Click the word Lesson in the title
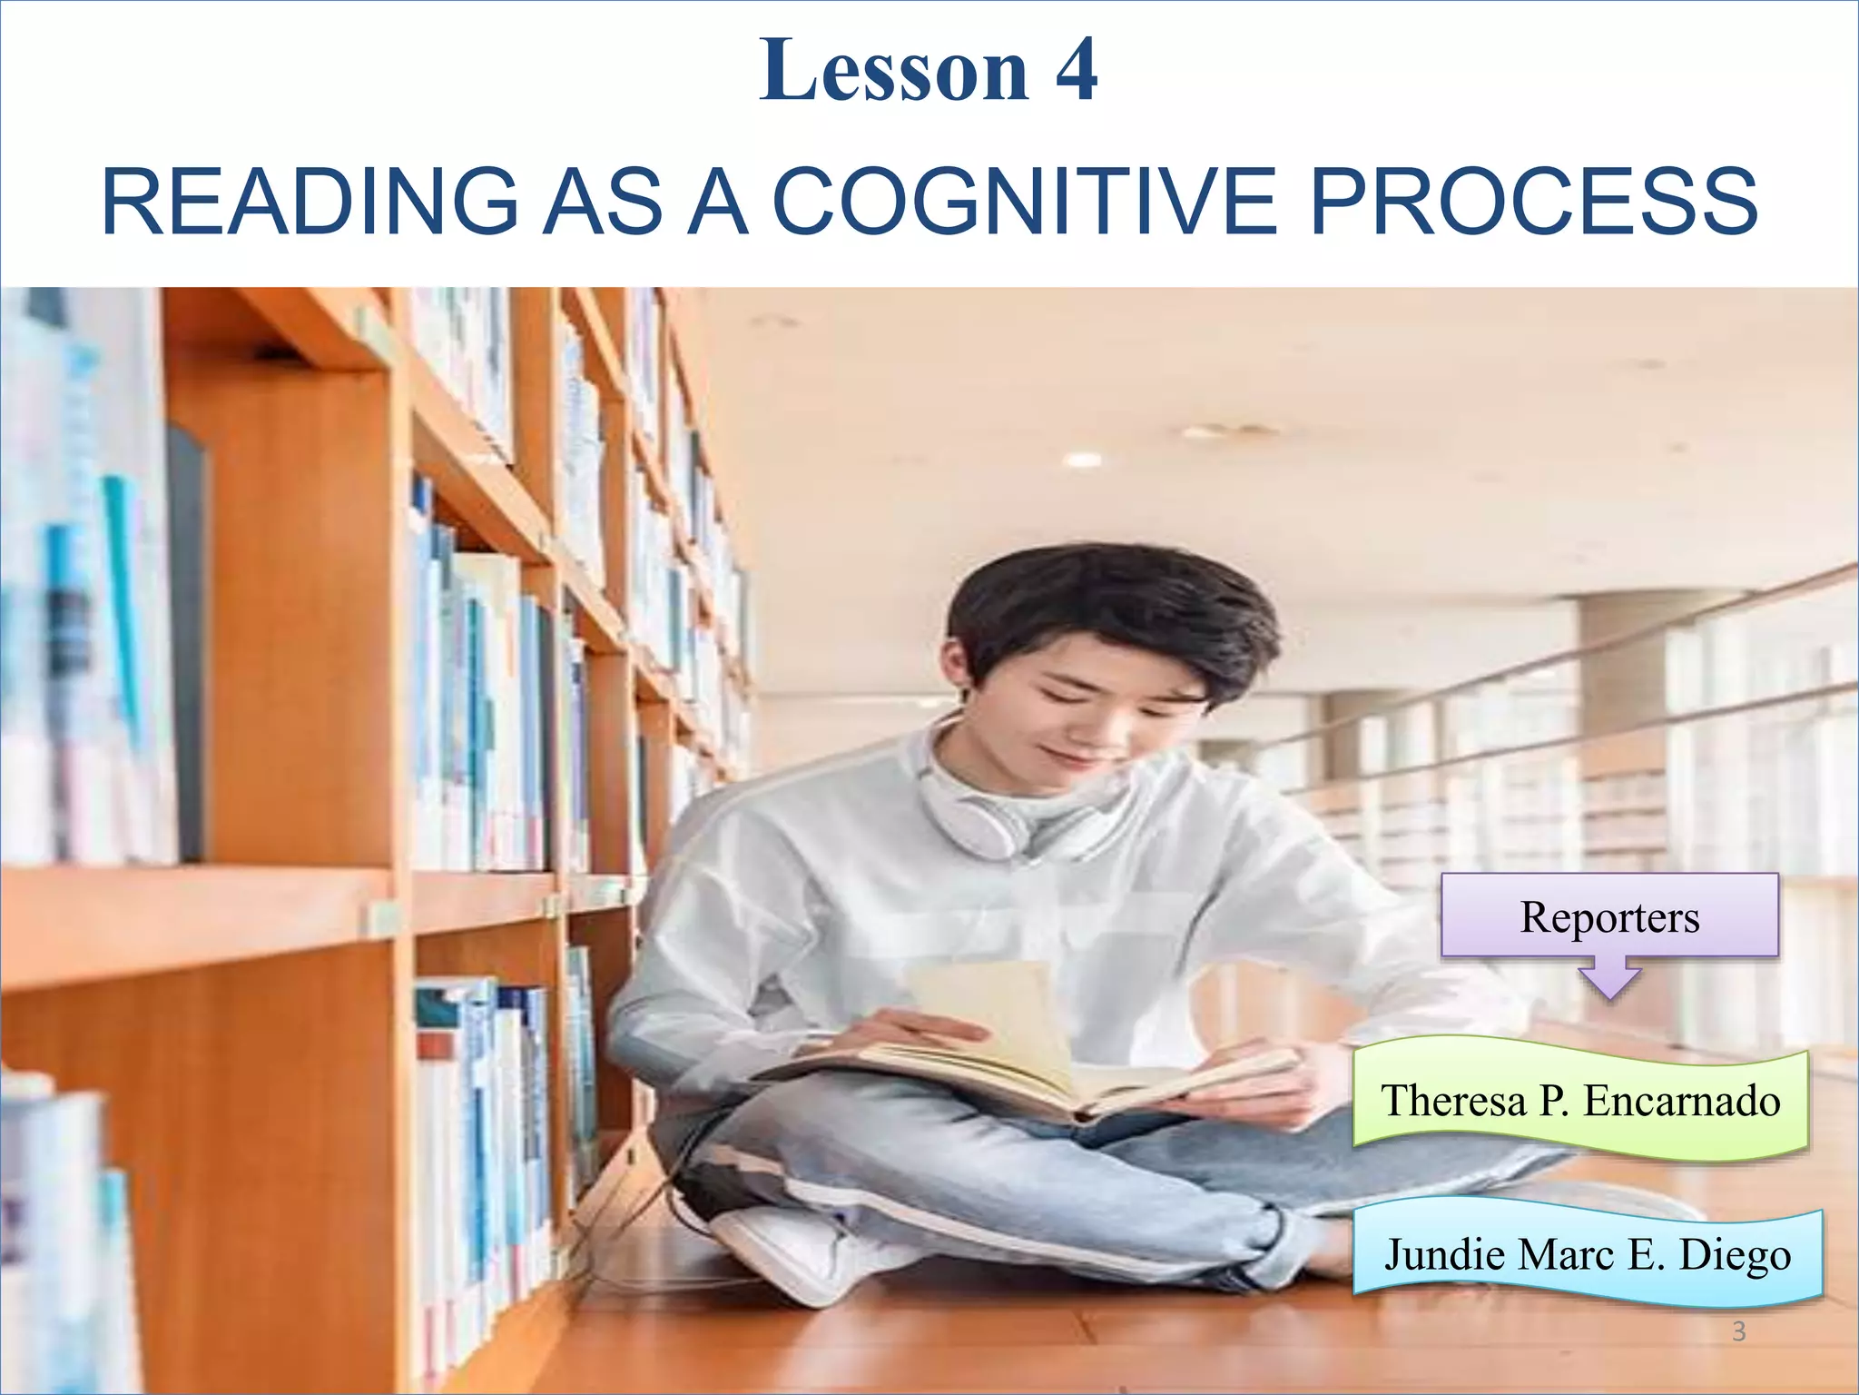pyautogui.click(x=894, y=71)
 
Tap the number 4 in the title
pyautogui.click(x=1077, y=71)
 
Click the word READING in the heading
pyautogui.click(x=310, y=202)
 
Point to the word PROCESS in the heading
pyautogui.click(x=1533, y=202)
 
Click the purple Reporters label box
pyautogui.click(x=1609, y=916)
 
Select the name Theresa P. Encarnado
pyautogui.click(x=1580, y=1101)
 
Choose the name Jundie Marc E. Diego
pyautogui.click(x=1588, y=1254)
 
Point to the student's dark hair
pyautogui.click(x=1107, y=599)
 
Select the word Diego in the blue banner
pyautogui.click(x=1735, y=1254)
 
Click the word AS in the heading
pyautogui.click(x=603, y=202)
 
